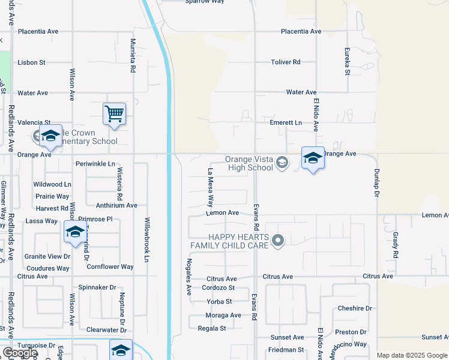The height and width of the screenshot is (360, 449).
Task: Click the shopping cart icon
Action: click(x=114, y=113)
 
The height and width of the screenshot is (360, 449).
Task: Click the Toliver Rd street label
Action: click(x=285, y=62)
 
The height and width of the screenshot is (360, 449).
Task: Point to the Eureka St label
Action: click(x=346, y=61)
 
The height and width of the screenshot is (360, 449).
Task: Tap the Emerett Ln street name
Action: click(x=286, y=122)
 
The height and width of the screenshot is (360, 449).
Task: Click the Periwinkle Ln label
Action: click(x=95, y=164)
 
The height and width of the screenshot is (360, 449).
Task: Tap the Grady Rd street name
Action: click(x=396, y=245)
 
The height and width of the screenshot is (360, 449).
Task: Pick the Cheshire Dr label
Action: click(x=355, y=308)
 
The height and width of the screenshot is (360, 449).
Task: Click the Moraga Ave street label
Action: click(x=223, y=316)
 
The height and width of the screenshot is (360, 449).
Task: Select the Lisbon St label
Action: click(x=31, y=62)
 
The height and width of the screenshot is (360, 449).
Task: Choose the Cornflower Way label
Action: click(x=110, y=266)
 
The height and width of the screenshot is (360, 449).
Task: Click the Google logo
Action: click(x=19, y=352)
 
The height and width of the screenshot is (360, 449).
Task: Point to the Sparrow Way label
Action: click(x=204, y=2)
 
